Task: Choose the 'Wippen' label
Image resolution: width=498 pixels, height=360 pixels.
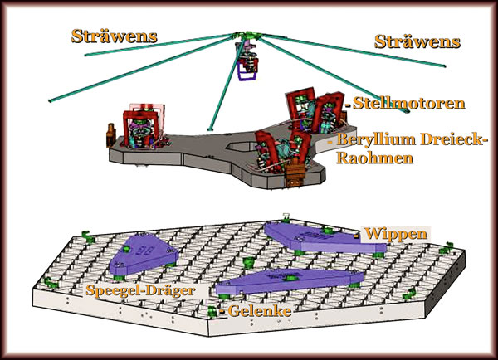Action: [396, 235]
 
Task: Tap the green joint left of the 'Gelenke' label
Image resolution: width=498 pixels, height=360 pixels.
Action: [213, 311]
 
